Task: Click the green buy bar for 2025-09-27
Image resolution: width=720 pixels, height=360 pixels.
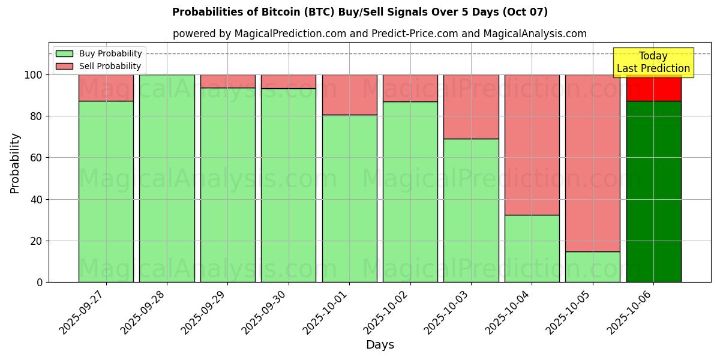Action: (106, 192)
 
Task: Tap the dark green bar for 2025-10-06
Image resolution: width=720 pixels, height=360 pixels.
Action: (653, 192)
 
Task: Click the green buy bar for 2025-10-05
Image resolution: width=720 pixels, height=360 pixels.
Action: (592, 267)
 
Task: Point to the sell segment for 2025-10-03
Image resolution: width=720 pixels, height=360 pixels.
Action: (471, 107)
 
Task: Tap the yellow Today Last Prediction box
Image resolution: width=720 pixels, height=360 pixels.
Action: (653, 62)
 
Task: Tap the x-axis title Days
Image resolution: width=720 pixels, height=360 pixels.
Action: (380, 345)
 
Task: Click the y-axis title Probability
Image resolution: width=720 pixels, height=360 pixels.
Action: (15, 163)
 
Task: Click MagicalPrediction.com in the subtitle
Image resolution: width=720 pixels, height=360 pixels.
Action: (290, 34)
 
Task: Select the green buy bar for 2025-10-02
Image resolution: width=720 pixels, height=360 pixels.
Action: (410, 192)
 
